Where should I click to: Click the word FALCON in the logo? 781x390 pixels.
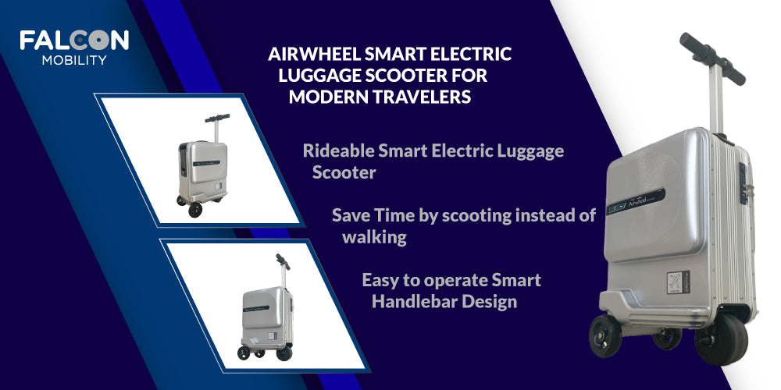pos(74,41)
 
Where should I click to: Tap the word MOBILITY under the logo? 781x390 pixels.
pos(74,60)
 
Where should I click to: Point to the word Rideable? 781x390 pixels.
pos(339,151)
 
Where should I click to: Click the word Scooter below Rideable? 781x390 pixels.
pos(344,172)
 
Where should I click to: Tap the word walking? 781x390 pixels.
pos(374,237)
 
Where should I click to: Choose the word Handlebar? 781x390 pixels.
pos(415,301)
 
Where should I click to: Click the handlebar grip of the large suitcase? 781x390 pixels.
pos(712,59)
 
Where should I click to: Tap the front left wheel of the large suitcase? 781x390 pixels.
pos(604,335)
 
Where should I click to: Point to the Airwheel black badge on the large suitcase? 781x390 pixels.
pos(635,201)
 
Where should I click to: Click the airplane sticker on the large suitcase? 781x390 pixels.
pos(678,283)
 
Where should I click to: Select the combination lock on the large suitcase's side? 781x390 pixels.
pos(744,183)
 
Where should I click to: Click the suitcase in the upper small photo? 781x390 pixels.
pos(203,165)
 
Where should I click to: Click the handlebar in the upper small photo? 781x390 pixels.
pos(217,119)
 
